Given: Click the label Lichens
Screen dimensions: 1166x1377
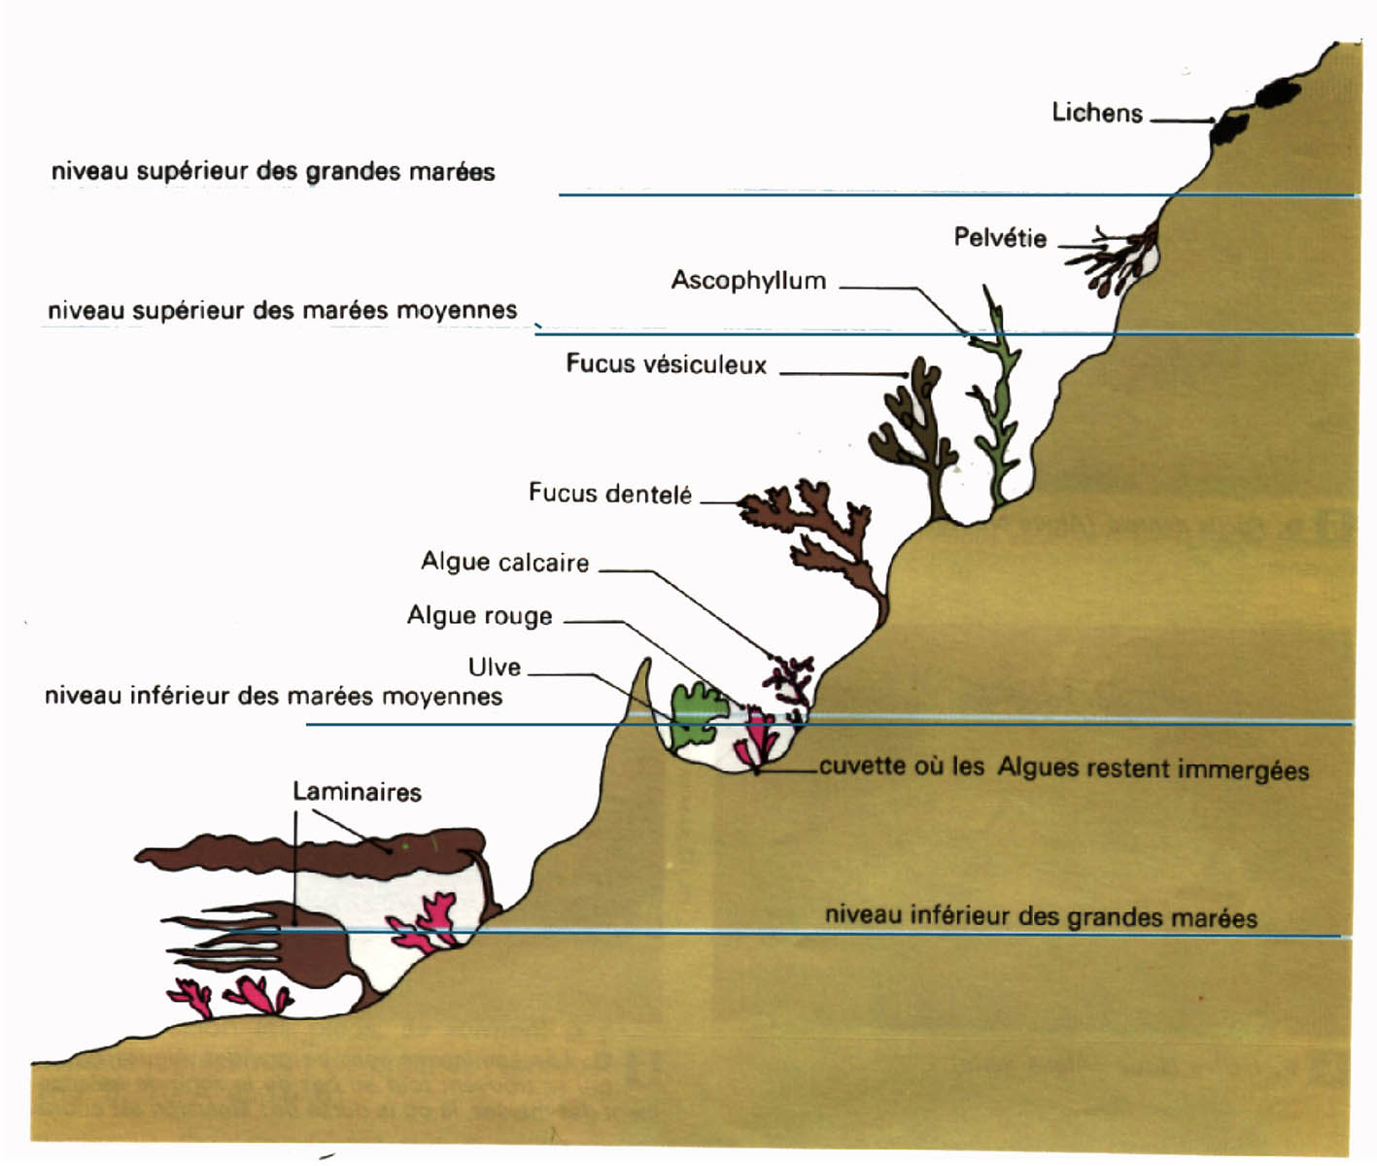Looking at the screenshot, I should [x=1097, y=113].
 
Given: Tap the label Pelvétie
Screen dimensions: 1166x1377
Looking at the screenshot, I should [x=1000, y=238].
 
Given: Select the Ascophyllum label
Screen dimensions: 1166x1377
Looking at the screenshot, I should [x=748, y=281].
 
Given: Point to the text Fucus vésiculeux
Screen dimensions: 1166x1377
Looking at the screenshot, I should [x=667, y=364].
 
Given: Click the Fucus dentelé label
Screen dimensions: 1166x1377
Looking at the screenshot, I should [x=609, y=494].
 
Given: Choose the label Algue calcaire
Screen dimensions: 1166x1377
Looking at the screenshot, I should [x=504, y=563].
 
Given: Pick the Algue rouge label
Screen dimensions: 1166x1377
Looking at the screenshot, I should [x=479, y=616].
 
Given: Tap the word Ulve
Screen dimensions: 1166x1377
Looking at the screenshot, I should [x=495, y=668].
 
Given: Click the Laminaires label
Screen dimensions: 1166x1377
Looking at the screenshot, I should [x=357, y=792].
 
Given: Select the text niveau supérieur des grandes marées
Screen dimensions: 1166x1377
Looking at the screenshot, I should [x=273, y=172].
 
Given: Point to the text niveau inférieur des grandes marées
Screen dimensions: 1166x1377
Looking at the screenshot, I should [x=1041, y=916].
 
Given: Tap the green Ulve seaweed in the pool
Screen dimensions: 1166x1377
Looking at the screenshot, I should [x=696, y=715].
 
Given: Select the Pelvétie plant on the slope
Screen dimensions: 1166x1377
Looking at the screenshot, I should [x=1118, y=257].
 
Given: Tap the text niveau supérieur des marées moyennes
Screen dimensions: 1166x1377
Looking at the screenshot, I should [x=282, y=311].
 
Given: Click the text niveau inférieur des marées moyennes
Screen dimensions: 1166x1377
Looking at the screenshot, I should [x=273, y=696].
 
